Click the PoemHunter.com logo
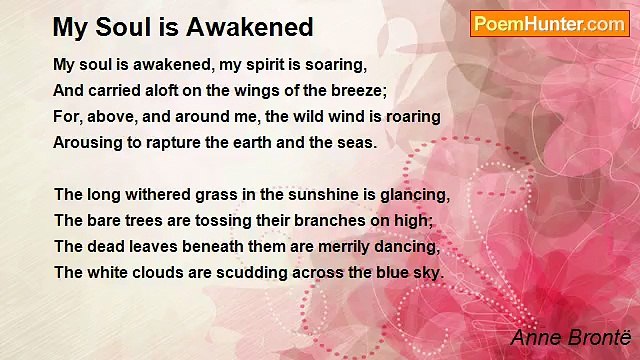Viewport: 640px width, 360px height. [549, 24]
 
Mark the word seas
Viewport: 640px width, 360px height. [355, 142]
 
